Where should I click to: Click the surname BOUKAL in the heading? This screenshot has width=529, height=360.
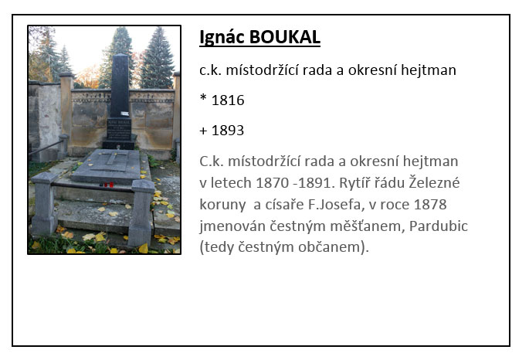click(x=285, y=37)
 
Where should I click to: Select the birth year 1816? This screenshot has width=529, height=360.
click(x=228, y=100)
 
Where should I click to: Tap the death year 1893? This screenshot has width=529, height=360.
click(x=228, y=131)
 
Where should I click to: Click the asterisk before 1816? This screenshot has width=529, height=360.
click(x=203, y=98)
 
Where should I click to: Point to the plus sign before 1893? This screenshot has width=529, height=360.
click(x=203, y=131)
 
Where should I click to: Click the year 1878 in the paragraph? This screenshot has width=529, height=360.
click(x=430, y=205)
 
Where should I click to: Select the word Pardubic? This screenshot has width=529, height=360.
click(x=439, y=226)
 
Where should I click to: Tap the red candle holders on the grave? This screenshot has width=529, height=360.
click(x=107, y=185)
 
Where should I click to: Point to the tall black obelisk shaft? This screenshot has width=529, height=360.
click(x=120, y=86)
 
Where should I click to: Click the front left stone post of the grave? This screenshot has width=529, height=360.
click(x=44, y=203)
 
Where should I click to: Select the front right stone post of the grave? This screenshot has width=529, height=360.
click(x=141, y=212)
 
